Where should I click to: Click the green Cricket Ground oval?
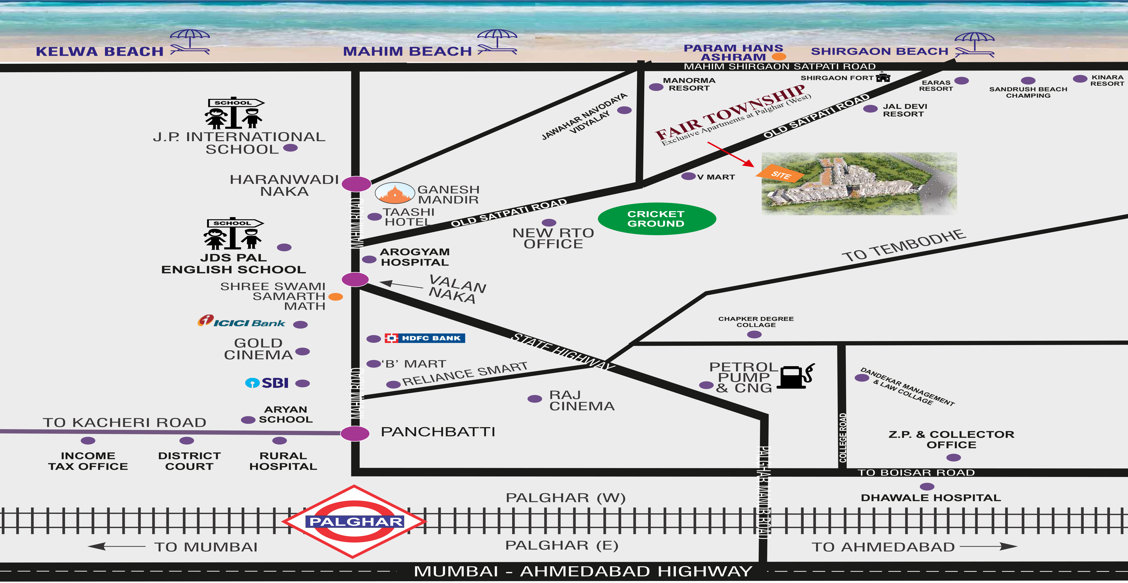click(657, 219)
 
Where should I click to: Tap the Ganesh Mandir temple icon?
click(394, 193)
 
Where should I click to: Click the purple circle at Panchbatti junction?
click(355, 434)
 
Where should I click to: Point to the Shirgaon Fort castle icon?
click(883, 78)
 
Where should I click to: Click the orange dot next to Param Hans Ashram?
click(779, 56)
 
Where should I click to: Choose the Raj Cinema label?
click(582, 400)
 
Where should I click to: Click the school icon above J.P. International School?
click(234, 113)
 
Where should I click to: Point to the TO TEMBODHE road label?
click(903, 246)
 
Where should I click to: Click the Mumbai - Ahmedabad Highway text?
click(582, 571)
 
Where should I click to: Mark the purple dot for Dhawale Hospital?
click(927, 487)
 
